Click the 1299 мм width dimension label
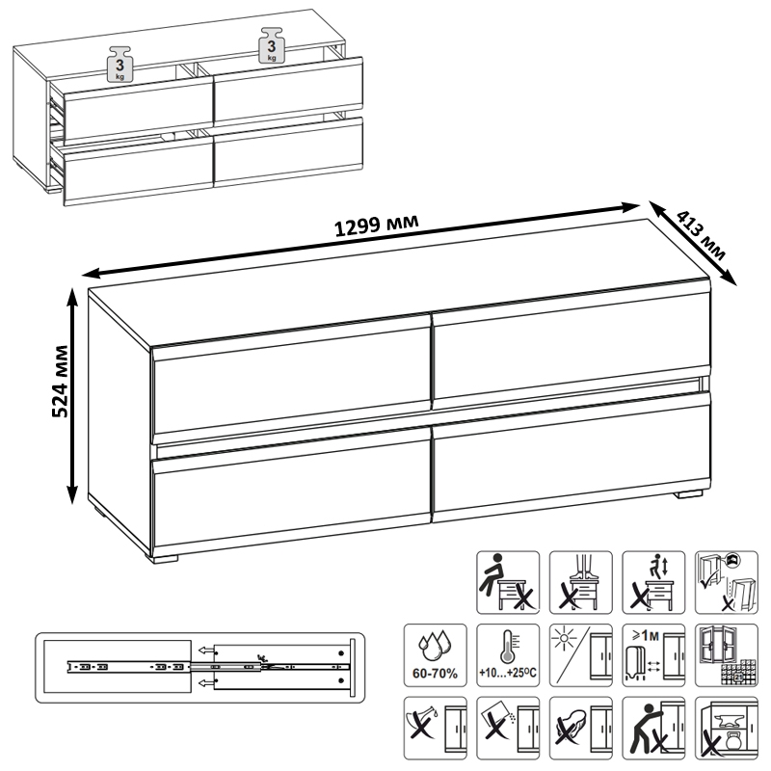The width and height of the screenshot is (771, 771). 377,226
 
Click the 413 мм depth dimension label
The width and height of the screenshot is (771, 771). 702,235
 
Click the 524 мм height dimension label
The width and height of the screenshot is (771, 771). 60,381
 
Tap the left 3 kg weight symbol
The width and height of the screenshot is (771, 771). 120,64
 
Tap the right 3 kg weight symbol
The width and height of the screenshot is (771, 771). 271,45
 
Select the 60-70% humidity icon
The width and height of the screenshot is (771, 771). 436,655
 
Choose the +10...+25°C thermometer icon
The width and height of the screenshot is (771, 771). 508,655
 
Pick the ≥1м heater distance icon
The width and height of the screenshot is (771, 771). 653,655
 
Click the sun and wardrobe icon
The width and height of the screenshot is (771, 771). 581,655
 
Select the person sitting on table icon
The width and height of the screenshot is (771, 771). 508,582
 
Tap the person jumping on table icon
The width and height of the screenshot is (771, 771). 653,582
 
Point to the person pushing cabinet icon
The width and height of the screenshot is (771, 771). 653,728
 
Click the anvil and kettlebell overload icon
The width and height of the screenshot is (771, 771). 727,728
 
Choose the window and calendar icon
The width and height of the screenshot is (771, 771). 727,655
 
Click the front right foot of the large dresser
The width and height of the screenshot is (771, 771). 688,494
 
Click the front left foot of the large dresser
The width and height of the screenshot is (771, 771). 164,559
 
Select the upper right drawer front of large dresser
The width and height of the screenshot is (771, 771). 572,347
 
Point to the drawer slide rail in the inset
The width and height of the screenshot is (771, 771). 208,667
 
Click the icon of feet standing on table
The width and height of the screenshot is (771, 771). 581,582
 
